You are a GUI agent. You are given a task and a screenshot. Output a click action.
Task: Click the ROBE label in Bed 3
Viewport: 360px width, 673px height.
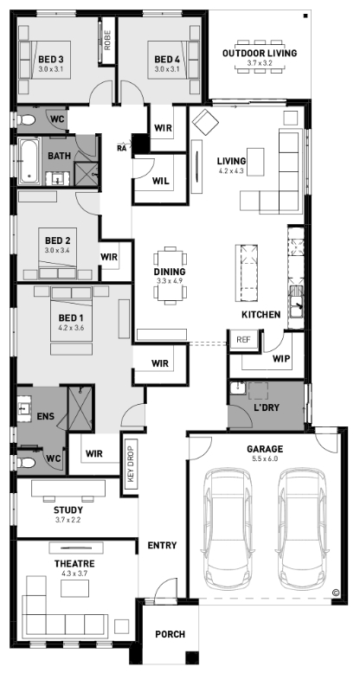[107, 40]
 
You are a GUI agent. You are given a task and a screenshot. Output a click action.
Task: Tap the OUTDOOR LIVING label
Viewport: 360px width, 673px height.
[260, 54]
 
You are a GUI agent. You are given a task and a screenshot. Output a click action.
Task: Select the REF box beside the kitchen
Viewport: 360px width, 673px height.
[243, 339]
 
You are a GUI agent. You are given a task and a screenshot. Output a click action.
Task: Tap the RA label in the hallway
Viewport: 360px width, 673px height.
[121, 148]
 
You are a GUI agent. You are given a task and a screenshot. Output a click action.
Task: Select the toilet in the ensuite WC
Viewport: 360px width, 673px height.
[27, 463]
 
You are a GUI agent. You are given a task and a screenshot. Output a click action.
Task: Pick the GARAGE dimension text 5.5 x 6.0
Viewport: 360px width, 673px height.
[265, 458]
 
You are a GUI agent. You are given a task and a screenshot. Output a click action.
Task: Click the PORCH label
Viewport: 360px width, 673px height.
[170, 634]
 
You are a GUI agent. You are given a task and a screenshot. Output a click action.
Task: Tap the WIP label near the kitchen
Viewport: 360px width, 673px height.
[282, 358]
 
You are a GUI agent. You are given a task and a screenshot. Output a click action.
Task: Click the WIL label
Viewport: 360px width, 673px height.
[161, 181]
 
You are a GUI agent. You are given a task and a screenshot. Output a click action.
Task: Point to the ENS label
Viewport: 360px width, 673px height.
[45, 416]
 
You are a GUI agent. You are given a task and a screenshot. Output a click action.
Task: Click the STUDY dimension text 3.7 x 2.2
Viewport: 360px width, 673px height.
[67, 520]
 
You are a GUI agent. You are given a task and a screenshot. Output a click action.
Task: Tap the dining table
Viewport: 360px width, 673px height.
[170, 275]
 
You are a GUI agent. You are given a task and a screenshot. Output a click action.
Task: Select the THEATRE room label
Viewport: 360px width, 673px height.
[74, 563]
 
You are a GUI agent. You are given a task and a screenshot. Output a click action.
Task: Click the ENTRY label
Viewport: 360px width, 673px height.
[162, 546]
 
